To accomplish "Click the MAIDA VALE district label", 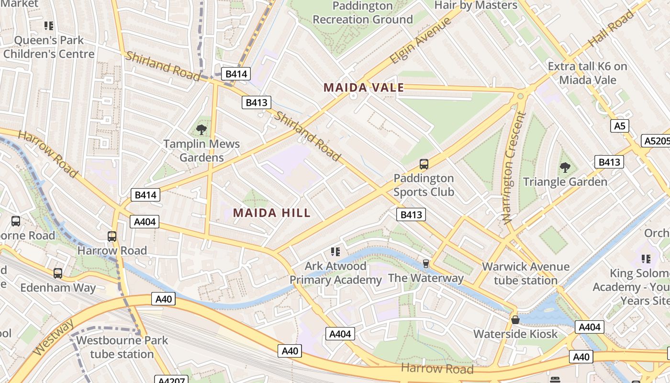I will point(364,88).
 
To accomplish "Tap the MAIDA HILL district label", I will point(272,213).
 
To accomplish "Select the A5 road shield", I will point(620,126).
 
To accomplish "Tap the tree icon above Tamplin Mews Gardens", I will point(201,129).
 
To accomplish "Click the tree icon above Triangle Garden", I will point(565,168).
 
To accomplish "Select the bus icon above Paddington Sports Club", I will point(424,164).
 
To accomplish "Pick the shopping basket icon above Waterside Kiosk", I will point(515,319).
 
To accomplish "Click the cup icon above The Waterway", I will point(425,264).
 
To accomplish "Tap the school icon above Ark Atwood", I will point(335,251).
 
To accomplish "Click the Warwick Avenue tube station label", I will point(525,273).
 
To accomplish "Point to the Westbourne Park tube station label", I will point(122,347).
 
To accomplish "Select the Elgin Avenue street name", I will point(420,41).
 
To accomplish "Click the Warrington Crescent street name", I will point(514,168).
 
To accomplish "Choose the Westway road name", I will point(54,338).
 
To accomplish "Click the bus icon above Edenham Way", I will point(58,273).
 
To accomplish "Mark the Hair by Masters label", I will point(476,5).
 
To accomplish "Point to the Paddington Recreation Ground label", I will point(362,13).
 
